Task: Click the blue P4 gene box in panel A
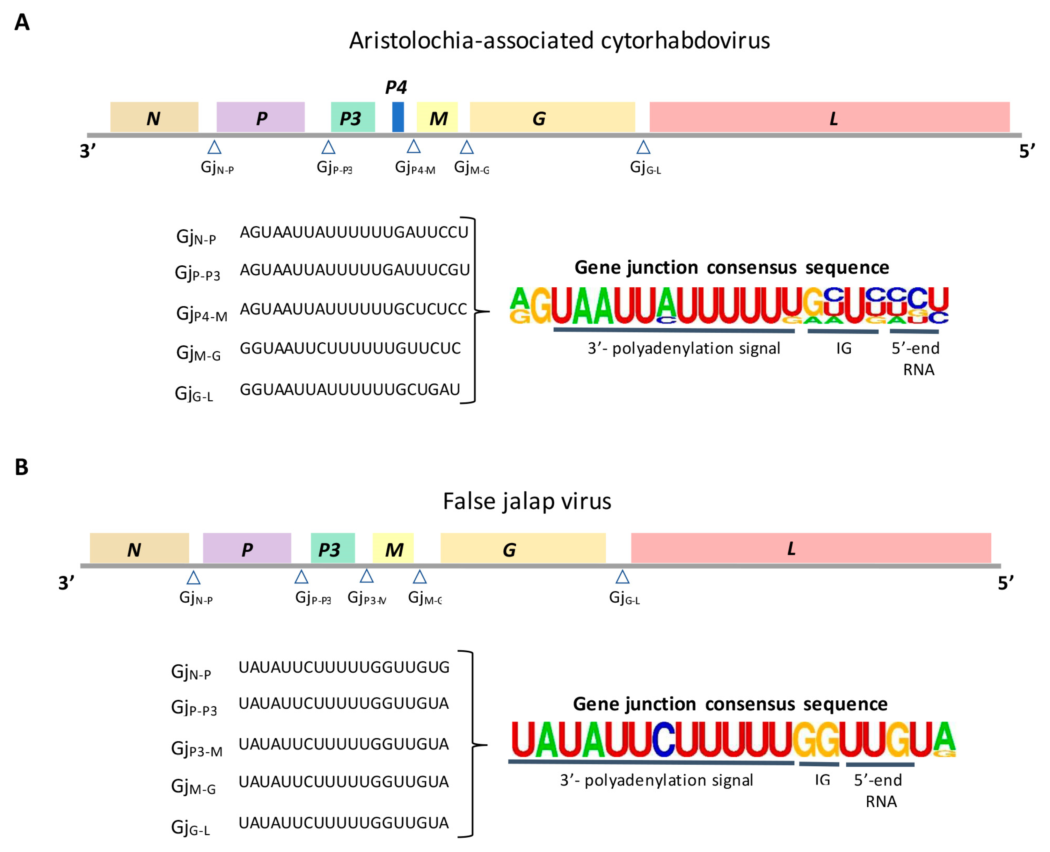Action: tap(398, 117)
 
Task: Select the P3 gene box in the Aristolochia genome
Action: tap(353, 117)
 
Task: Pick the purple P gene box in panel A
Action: tap(260, 117)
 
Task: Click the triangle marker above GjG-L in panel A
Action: tap(643, 147)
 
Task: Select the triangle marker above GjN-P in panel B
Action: tap(193, 578)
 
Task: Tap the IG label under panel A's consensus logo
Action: tap(844, 348)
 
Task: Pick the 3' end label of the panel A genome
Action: tap(87, 151)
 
